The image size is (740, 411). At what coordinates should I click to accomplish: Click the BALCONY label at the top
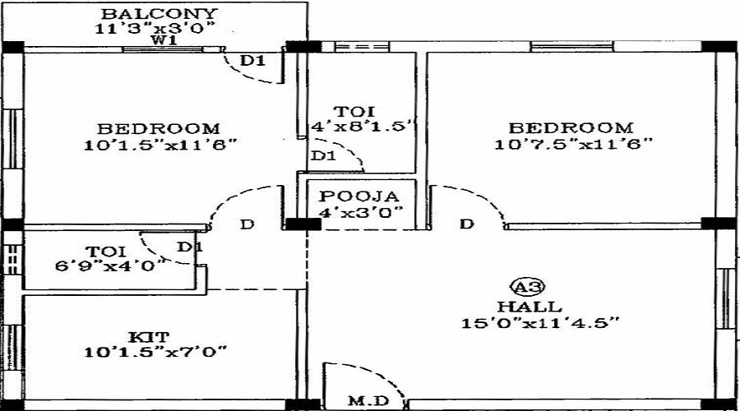tap(160, 14)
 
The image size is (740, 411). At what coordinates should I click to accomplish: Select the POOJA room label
tap(360, 196)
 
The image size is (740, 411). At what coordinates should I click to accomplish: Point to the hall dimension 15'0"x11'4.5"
tap(540, 321)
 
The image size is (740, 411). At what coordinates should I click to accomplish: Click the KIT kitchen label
tap(149, 336)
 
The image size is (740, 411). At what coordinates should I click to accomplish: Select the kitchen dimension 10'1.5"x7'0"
tap(155, 352)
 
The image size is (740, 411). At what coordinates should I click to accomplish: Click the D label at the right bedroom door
tap(466, 224)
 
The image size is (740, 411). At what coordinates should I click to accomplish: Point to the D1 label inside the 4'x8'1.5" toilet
tap(323, 155)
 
